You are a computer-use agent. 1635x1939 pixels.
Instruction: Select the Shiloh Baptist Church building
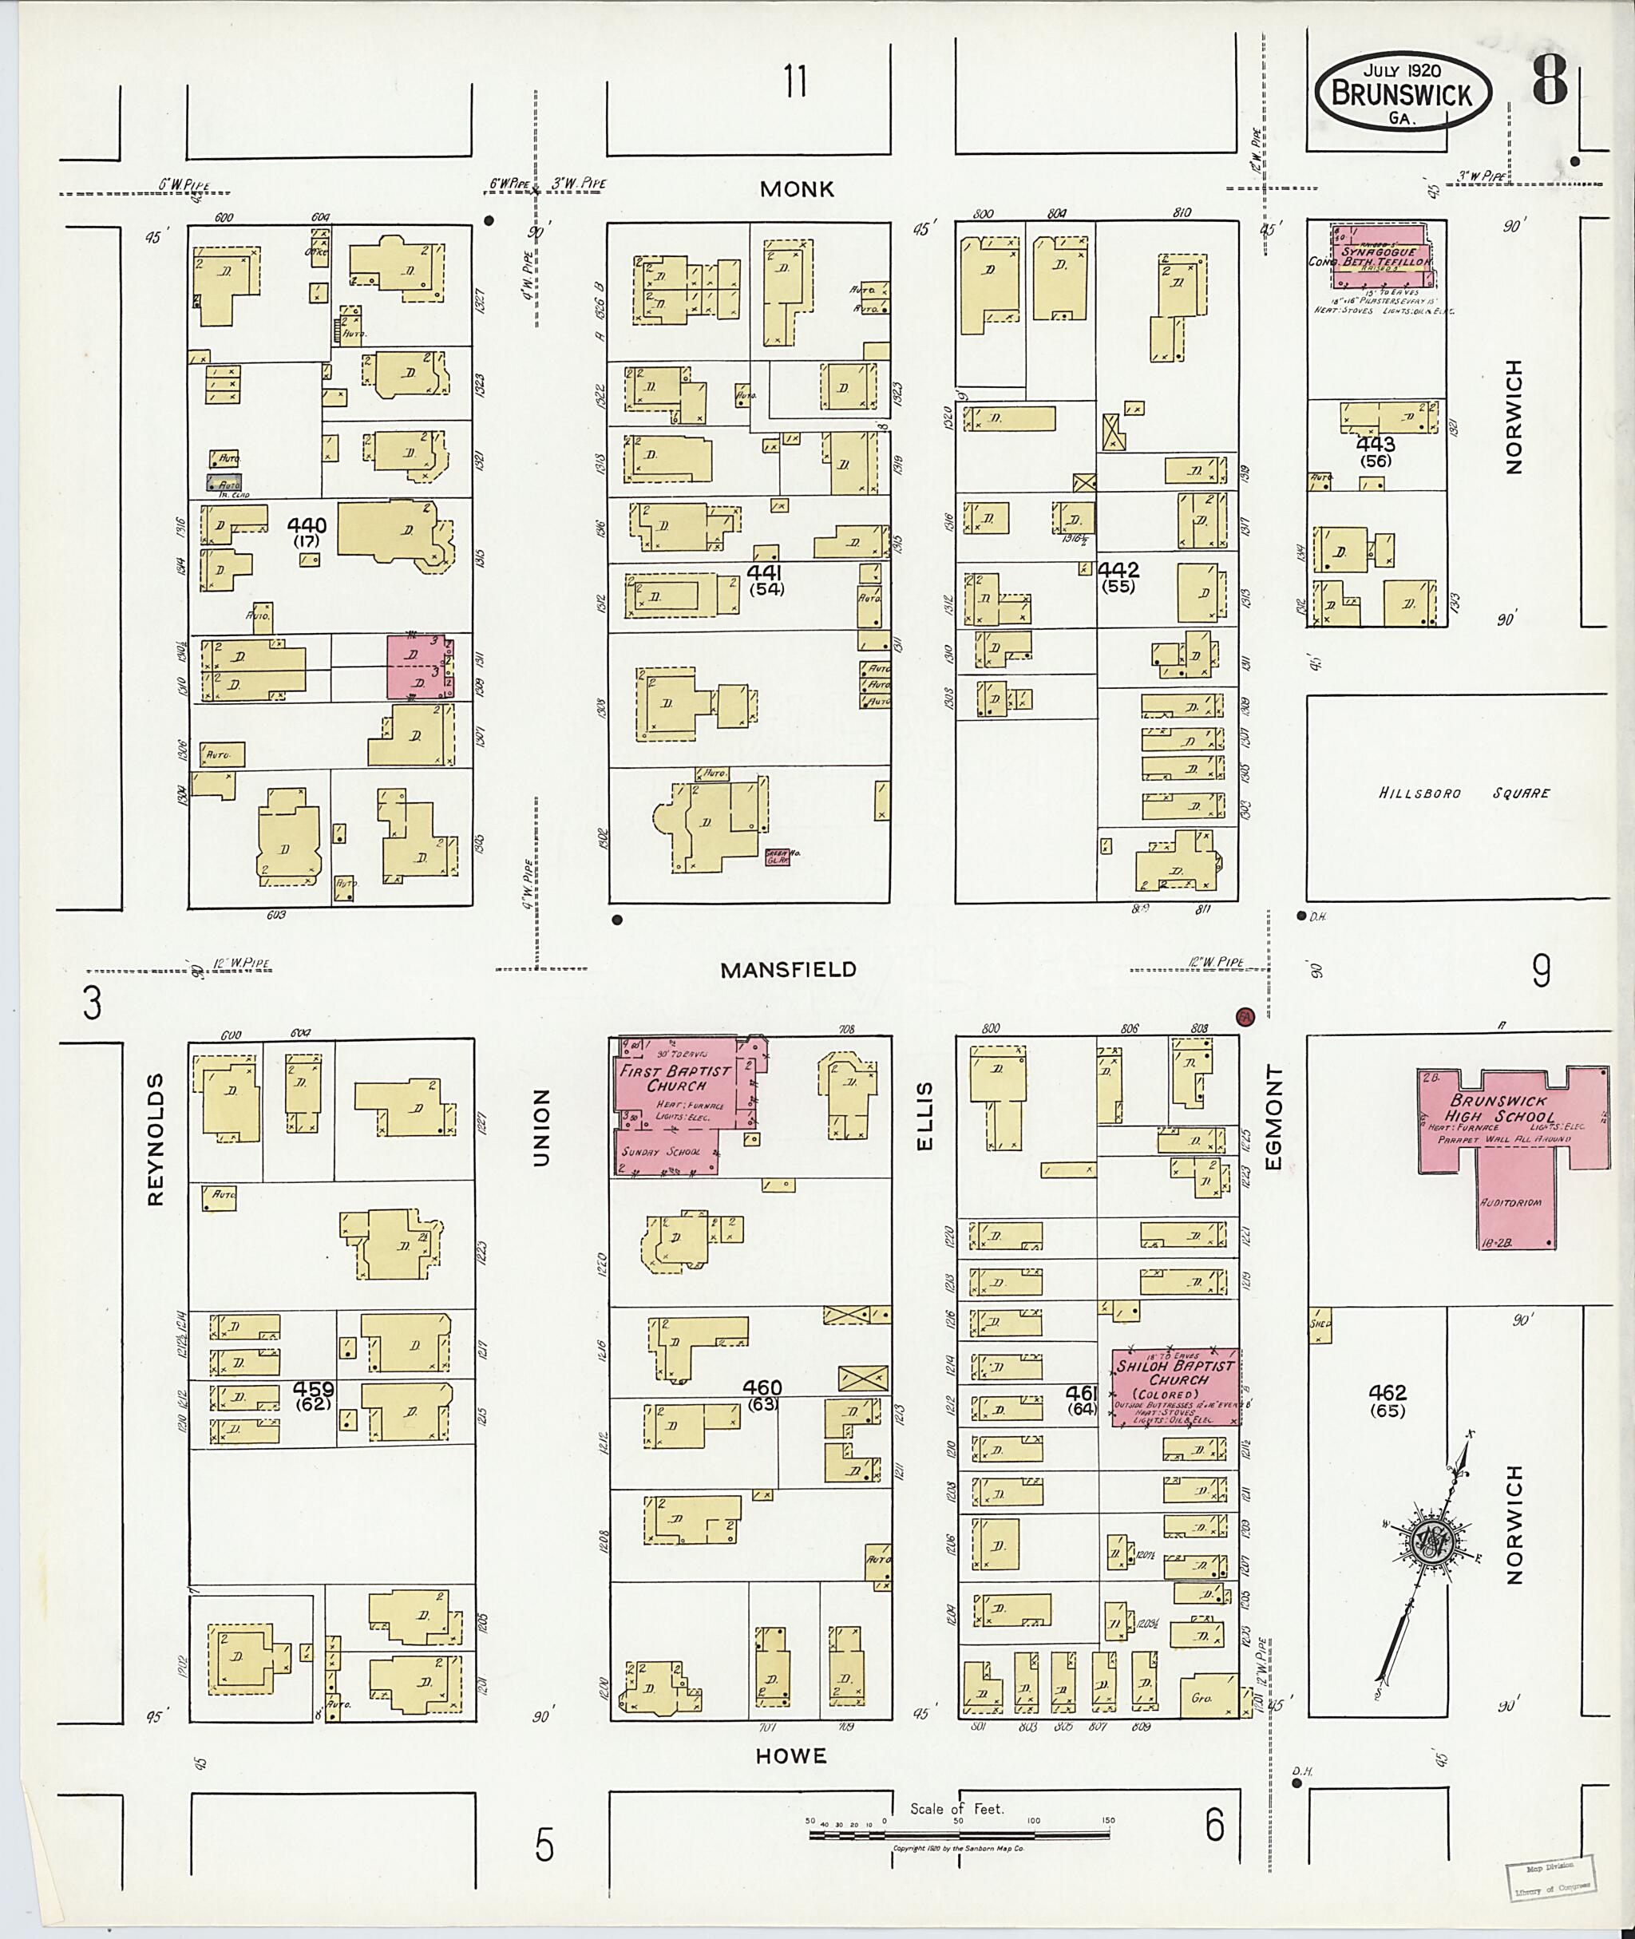pyautogui.click(x=1175, y=1387)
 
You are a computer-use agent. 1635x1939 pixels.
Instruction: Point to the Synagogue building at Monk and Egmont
pyautogui.click(x=1380, y=255)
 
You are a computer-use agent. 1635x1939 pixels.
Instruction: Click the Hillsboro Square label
pyautogui.click(x=1463, y=793)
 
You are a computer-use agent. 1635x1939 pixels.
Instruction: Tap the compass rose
pyautogui.click(x=1428, y=1541)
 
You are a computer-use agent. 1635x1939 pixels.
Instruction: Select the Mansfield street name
pyautogui.click(x=788, y=969)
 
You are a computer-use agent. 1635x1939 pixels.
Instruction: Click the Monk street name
pyautogui.click(x=796, y=189)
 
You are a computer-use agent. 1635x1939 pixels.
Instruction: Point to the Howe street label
pyautogui.click(x=790, y=1755)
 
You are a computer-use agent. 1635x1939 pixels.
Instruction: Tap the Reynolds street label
pyautogui.click(x=155, y=1139)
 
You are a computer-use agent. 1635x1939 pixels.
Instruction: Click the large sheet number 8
pyautogui.click(x=1549, y=81)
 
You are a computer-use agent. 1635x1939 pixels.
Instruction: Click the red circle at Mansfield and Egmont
pyautogui.click(x=1245, y=1016)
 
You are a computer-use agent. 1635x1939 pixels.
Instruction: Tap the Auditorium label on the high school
pyautogui.click(x=1510, y=1203)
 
